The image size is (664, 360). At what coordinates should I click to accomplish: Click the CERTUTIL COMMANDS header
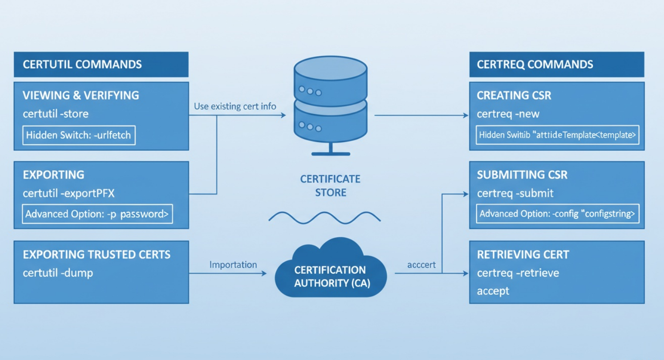(82, 65)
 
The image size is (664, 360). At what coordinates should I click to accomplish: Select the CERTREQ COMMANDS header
(535, 65)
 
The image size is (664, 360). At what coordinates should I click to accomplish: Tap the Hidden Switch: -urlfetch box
(79, 135)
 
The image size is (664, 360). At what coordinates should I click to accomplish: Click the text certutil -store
(55, 114)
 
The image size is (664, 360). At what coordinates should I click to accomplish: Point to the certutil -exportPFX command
(68, 193)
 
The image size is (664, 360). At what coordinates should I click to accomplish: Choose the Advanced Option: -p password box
(97, 214)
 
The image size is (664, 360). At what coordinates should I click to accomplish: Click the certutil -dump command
(58, 273)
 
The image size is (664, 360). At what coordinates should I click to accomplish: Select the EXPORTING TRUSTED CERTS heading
(96, 255)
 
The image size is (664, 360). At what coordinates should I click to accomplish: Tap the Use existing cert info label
(235, 106)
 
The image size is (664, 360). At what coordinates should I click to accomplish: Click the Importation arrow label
(233, 265)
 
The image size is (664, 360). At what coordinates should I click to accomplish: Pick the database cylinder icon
(330, 105)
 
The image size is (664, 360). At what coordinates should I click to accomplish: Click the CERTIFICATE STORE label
(330, 186)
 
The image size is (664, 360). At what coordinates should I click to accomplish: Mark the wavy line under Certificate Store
(324, 217)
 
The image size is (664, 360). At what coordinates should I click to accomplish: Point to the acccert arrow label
(421, 265)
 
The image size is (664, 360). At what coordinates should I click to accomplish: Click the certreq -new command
(508, 114)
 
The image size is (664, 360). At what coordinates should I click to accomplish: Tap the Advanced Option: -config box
(557, 214)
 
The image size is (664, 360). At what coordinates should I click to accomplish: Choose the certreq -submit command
(515, 193)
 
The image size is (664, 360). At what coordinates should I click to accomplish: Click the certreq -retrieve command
(518, 273)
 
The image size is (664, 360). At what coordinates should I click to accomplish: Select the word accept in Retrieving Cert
(493, 291)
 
